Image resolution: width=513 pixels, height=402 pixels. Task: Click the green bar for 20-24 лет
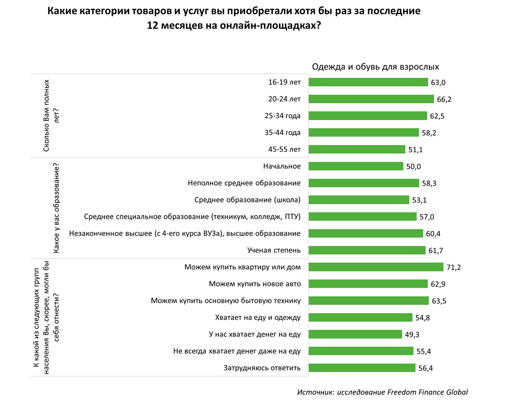[x=371, y=99]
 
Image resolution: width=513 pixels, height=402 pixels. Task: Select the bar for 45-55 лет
[x=357, y=149]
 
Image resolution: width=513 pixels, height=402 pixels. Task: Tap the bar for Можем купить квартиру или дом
[x=376, y=267]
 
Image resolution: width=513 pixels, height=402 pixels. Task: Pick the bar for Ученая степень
[x=367, y=250]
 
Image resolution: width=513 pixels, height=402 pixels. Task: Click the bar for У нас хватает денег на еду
[x=355, y=334]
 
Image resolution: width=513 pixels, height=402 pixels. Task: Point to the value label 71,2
[x=454, y=268]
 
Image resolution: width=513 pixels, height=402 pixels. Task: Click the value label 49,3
[x=412, y=335]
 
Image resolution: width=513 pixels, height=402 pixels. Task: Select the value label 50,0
[x=414, y=167]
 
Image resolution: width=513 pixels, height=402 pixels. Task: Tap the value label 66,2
[x=444, y=99]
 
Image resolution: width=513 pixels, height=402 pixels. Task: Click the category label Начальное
[x=282, y=166]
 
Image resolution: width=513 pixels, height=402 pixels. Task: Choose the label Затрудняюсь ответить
[x=262, y=368]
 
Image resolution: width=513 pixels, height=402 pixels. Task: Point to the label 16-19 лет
[x=284, y=82]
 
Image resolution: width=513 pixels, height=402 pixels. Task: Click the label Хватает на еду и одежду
[x=258, y=318]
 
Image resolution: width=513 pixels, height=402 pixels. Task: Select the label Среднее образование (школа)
[x=247, y=200]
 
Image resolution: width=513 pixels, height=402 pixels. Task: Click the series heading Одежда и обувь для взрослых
[x=375, y=67]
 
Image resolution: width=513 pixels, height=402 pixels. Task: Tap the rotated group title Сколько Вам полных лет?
[x=51, y=116]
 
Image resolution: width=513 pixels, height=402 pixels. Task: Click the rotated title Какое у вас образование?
[x=56, y=208]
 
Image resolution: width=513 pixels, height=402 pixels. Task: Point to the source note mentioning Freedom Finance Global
[x=382, y=392]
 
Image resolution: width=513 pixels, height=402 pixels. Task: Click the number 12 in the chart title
[x=153, y=25]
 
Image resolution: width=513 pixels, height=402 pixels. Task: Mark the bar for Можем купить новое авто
[x=368, y=284]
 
